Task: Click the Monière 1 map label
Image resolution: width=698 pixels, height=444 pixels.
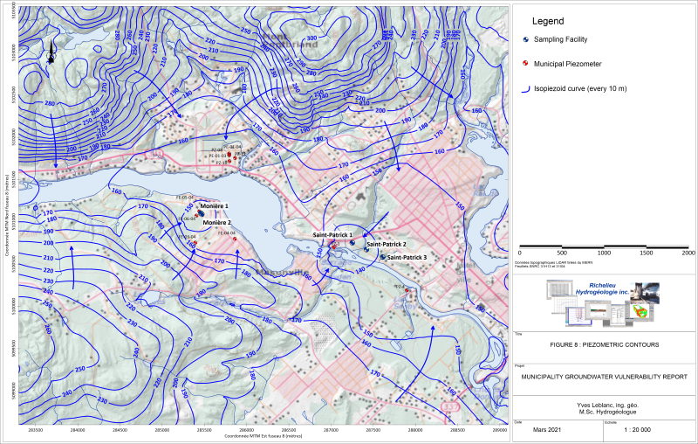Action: (x=214, y=206)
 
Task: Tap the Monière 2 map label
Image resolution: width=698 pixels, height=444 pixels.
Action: (x=217, y=223)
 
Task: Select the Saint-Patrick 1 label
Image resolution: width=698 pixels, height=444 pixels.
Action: (x=332, y=235)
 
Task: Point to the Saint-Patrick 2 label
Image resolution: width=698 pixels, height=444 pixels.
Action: (x=387, y=244)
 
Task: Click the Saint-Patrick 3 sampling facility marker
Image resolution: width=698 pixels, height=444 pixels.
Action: (x=382, y=257)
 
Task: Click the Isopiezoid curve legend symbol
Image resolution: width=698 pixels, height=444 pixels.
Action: (x=525, y=87)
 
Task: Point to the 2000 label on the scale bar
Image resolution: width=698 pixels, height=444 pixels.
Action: (x=688, y=253)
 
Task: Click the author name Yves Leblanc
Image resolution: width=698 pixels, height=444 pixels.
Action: (x=602, y=404)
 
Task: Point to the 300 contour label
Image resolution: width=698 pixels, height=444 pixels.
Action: (x=312, y=38)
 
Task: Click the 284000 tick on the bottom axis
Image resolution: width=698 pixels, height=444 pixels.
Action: (x=78, y=430)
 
